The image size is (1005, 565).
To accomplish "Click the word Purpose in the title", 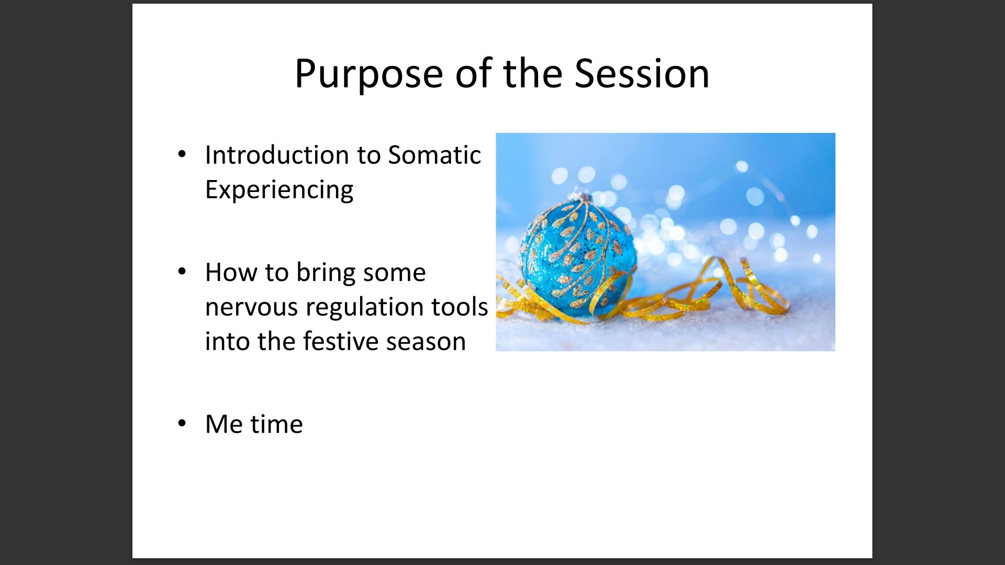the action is point(369,74).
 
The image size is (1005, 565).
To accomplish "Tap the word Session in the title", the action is point(642,73).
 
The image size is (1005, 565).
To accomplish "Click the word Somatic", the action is point(434,155).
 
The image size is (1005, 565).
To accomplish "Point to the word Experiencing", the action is point(279,190).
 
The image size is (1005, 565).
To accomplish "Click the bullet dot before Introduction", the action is point(182,154).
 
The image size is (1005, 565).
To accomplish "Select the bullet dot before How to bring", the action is point(182,272).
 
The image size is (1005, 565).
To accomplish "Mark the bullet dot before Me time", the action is point(182,423).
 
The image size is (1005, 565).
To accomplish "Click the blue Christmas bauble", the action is point(578,256).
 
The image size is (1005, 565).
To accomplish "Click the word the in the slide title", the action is point(533,73).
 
